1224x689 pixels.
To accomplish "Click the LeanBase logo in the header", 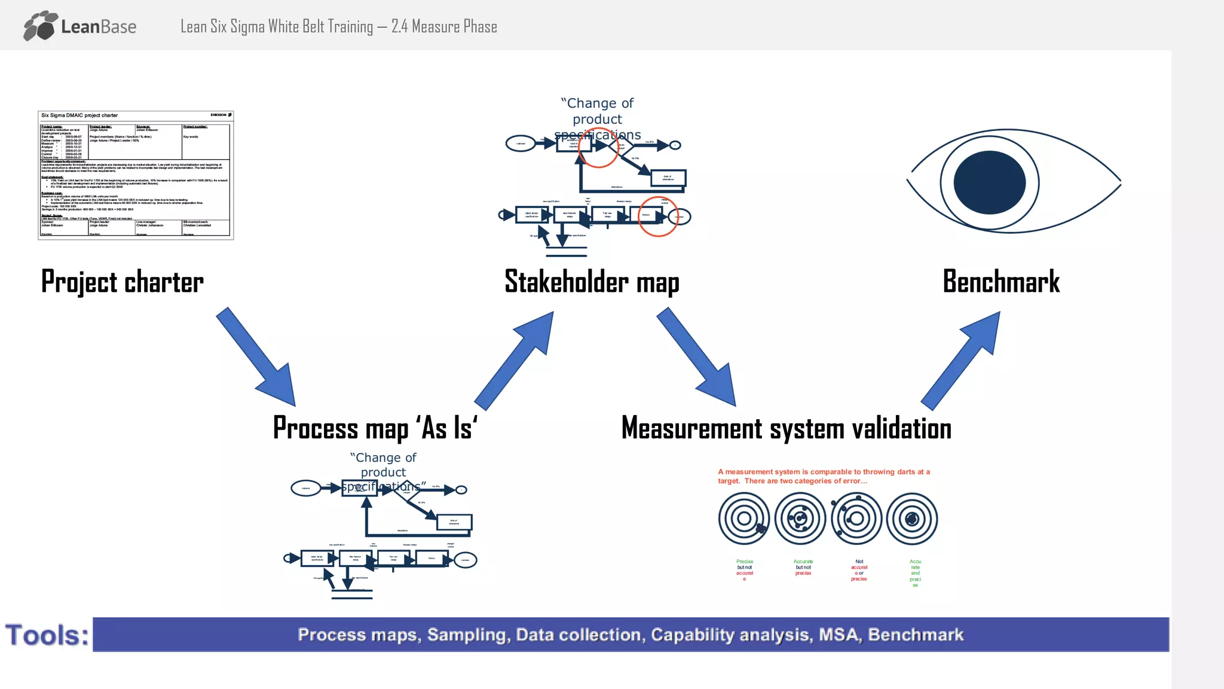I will [x=80, y=26].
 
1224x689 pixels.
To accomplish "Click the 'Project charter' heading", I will [x=123, y=282].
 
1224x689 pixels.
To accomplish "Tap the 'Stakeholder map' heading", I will [x=592, y=282].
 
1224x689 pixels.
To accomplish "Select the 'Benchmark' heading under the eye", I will [x=1001, y=282].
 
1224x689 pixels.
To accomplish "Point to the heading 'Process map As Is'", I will [x=375, y=428].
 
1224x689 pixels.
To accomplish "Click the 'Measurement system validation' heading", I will [x=786, y=428].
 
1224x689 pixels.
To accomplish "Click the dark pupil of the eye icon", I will [x=990, y=182].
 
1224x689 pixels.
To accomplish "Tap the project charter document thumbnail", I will [x=136, y=175].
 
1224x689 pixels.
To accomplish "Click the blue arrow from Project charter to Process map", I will [x=257, y=358].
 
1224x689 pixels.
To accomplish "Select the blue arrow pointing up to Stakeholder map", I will [x=514, y=359].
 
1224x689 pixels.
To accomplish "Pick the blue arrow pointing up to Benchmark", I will [x=961, y=359].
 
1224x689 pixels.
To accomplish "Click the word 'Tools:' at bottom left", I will [x=47, y=635].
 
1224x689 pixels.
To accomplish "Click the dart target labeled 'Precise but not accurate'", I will [x=744, y=519].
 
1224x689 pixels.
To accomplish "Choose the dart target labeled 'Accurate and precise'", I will [x=912, y=519].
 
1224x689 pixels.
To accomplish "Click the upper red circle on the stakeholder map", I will [x=598, y=148].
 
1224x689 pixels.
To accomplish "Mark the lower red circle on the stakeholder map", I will [x=657, y=217].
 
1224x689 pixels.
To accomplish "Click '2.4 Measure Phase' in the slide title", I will [x=444, y=27].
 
